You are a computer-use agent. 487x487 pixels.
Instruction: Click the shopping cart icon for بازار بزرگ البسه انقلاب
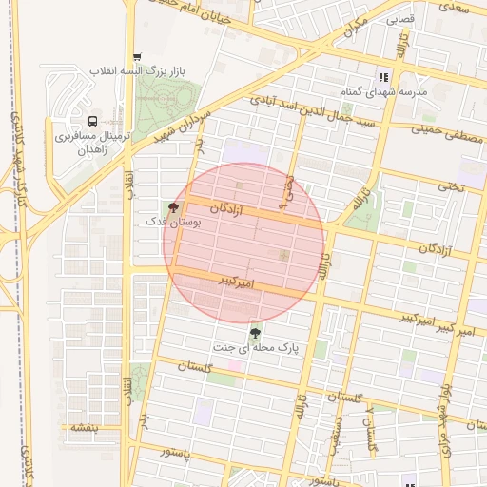tap(138, 56)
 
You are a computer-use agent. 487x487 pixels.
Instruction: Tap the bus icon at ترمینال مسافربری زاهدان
tap(92, 121)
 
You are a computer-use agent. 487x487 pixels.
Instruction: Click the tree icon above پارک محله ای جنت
tap(255, 333)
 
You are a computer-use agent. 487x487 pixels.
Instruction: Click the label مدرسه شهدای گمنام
tap(384, 92)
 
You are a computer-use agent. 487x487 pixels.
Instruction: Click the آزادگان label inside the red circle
tap(238, 206)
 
